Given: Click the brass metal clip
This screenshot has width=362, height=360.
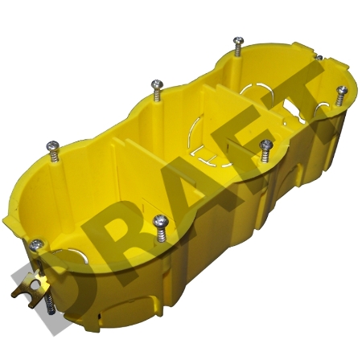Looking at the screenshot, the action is pos(31,289).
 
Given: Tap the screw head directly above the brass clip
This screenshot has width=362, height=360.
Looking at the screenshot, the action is pos(36,245).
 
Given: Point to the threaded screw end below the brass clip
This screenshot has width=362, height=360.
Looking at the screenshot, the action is pos(50,304).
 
